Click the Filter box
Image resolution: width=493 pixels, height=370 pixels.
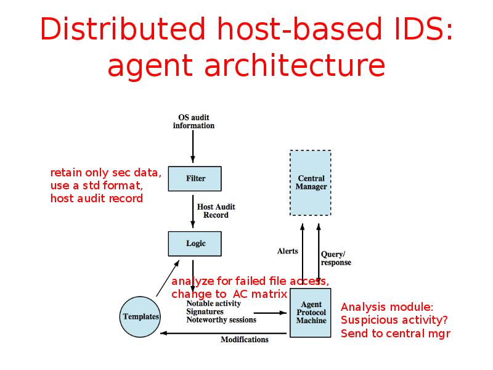pyautogui.click(x=195, y=178)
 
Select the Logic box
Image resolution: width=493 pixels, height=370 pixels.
pyautogui.click(x=195, y=243)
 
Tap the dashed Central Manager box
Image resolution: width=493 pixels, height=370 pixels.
pyautogui.click(x=311, y=183)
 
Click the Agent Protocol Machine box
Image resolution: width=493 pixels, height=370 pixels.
pyautogui.click(x=311, y=313)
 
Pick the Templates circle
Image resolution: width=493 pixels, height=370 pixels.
pyautogui.click(x=141, y=316)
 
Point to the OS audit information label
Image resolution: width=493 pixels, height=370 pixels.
pyautogui.click(x=194, y=121)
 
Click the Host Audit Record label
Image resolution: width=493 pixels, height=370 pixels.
pyautogui.click(x=216, y=211)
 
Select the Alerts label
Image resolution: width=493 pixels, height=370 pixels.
pyautogui.click(x=287, y=251)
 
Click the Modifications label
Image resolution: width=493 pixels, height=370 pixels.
pyautogui.click(x=245, y=340)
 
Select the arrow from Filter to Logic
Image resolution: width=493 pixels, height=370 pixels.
pyautogui.click(x=193, y=210)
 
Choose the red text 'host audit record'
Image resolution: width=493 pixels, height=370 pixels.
pyautogui.click(x=96, y=199)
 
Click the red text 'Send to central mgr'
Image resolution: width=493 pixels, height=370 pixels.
pyautogui.click(x=395, y=334)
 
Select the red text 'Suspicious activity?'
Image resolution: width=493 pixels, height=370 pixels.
pyautogui.click(x=394, y=320)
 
